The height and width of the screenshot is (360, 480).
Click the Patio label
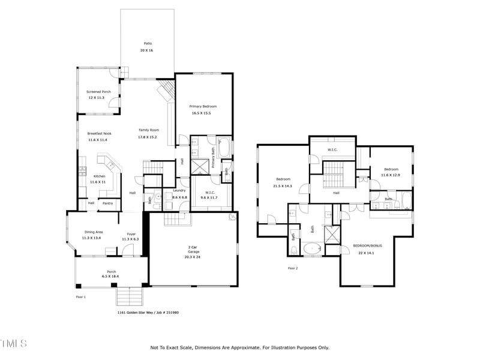(x=148, y=43)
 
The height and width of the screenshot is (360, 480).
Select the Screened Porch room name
(x=98, y=92)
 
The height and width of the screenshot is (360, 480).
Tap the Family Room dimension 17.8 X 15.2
(x=148, y=137)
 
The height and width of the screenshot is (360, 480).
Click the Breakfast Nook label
(x=99, y=133)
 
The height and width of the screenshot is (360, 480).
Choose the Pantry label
(x=107, y=203)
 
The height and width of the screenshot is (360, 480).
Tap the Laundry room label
(x=179, y=190)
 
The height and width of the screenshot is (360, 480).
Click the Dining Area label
(x=92, y=232)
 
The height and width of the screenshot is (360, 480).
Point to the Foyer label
(x=131, y=234)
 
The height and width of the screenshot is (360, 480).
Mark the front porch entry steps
(x=130, y=296)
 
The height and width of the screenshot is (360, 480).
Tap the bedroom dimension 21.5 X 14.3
(x=283, y=187)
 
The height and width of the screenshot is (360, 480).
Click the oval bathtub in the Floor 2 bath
(x=313, y=248)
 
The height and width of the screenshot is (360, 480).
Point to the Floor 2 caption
(x=293, y=268)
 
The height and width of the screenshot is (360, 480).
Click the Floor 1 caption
(x=81, y=297)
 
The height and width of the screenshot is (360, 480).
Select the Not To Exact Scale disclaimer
(x=239, y=347)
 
